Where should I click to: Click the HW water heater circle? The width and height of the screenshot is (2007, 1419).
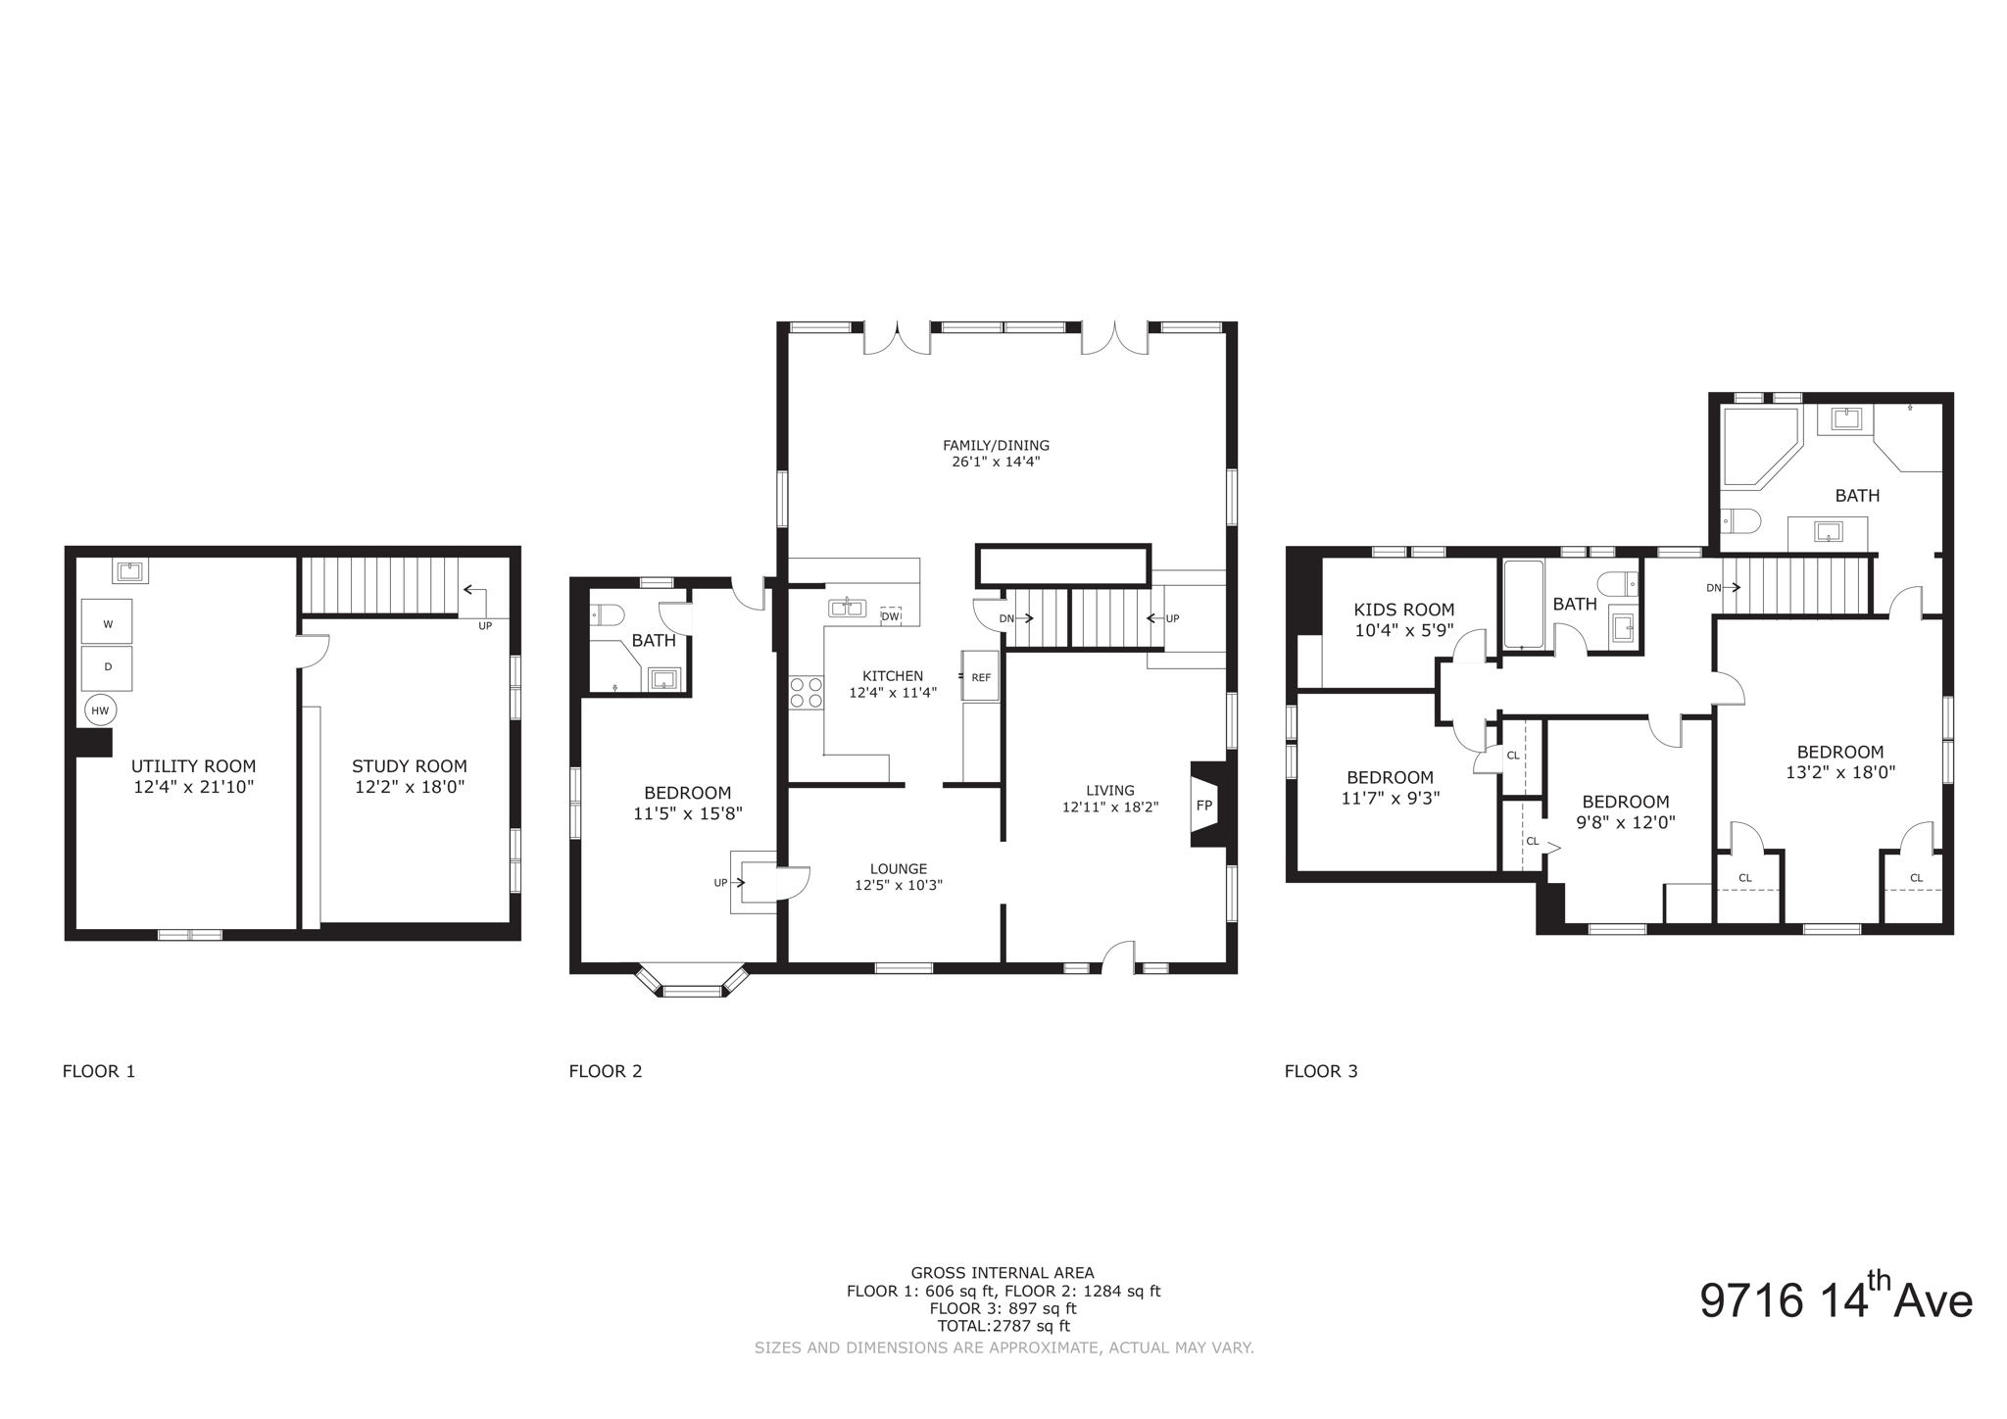(x=100, y=710)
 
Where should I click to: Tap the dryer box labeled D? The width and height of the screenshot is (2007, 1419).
(x=107, y=666)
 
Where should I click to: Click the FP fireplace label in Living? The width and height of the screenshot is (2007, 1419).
(x=1204, y=805)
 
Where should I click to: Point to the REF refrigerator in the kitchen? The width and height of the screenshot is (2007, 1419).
(x=981, y=676)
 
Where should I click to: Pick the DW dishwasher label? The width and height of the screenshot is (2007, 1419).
(x=890, y=616)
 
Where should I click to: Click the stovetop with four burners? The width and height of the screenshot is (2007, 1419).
(x=807, y=692)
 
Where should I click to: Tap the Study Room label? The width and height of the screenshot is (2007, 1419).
(x=409, y=766)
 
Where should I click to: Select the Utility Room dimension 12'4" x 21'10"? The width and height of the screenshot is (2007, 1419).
(x=193, y=787)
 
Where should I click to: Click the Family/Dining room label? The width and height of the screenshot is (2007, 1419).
(x=996, y=445)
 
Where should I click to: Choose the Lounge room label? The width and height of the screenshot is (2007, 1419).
(x=898, y=868)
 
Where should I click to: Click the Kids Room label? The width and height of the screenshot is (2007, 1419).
(x=1403, y=610)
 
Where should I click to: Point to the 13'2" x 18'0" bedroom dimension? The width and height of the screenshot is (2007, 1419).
(x=1839, y=772)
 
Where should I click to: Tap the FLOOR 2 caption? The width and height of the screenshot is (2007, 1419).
(x=605, y=1071)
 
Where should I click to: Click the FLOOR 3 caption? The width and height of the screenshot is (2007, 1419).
(x=1320, y=1071)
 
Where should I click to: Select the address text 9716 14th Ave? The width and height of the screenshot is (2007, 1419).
(x=1835, y=1300)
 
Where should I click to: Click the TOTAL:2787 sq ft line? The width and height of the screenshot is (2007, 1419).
(x=1003, y=1326)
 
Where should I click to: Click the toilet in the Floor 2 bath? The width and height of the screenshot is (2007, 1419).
(x=608, y=615)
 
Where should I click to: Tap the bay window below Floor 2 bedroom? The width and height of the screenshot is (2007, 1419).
(x=692, y=984)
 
